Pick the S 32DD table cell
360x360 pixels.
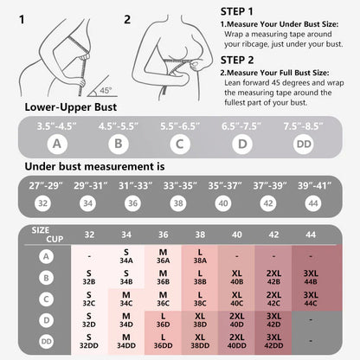pos(89,341)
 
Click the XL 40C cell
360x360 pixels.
pos(236,299)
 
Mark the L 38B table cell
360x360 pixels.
pos(200,277)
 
